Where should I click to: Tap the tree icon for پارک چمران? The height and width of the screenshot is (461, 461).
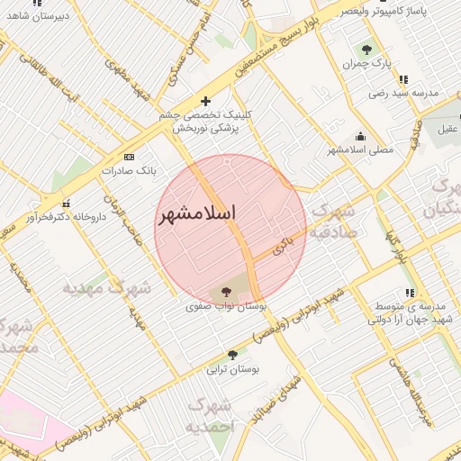[366, 50]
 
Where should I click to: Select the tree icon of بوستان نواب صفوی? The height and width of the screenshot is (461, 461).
[224, 291]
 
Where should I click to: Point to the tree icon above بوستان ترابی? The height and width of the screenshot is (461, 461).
[232, 355]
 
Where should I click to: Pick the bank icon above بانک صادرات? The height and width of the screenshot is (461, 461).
[128, 156]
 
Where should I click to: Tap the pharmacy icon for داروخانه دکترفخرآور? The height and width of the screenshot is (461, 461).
[66, 203]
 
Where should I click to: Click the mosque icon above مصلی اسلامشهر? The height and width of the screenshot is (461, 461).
[360, 135]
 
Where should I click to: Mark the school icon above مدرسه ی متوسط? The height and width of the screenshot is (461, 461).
[409, 293]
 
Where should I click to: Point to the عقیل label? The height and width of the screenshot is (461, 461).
[447, 130]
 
